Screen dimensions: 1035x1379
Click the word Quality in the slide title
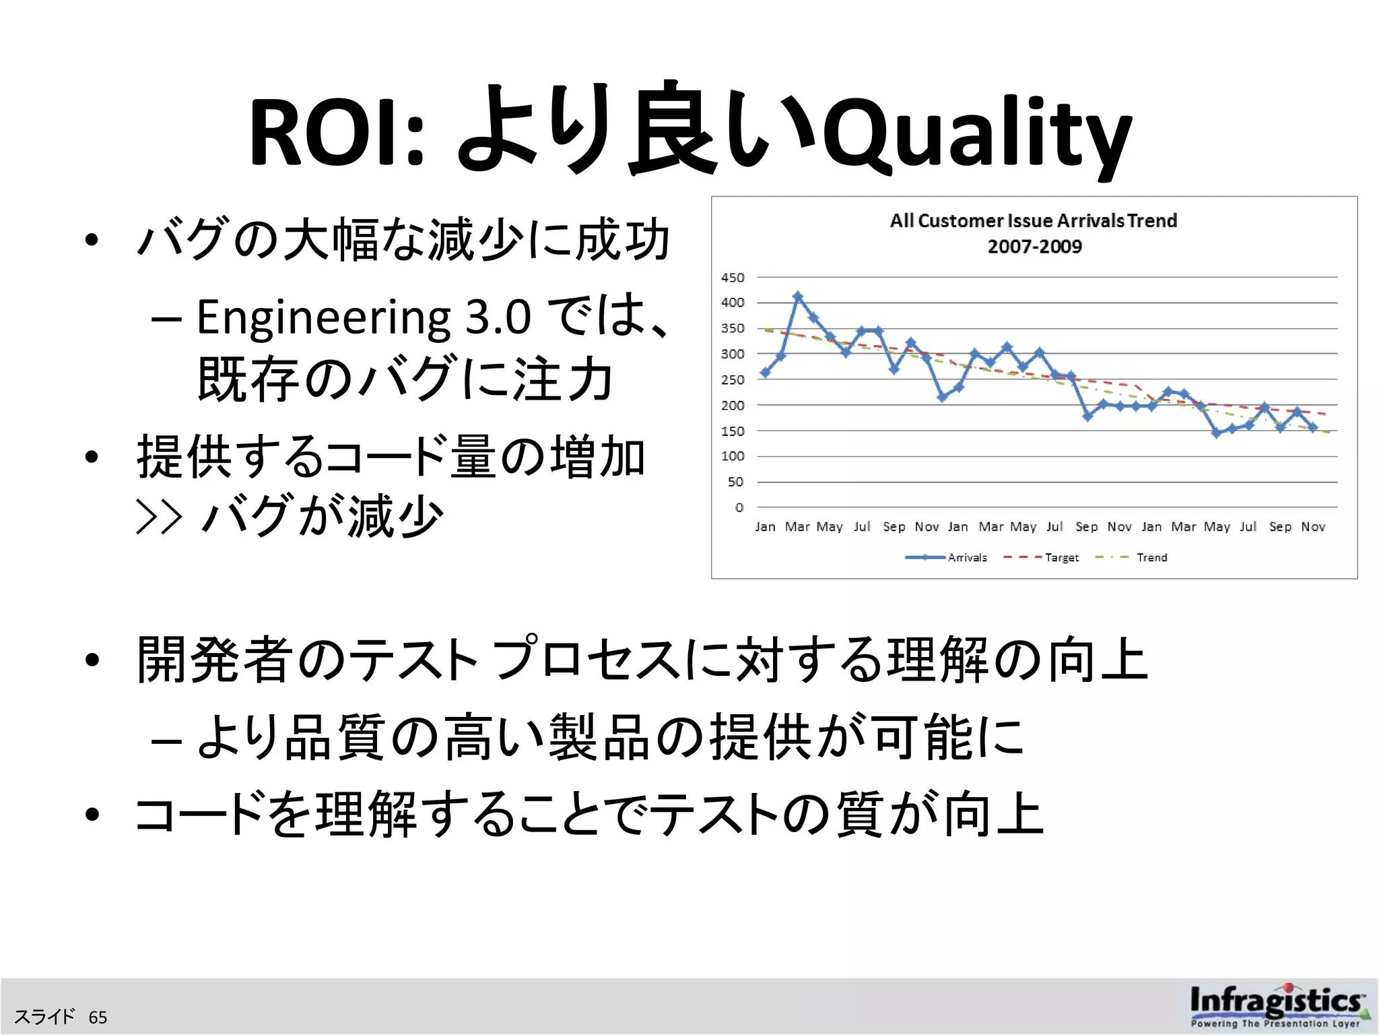pyautogui.click(x=976, y=135)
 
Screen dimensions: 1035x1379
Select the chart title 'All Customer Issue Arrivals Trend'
pyautogui.click(x=1034, y=221)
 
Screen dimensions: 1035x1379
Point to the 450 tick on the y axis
pyautogui.click(x=733, y=278)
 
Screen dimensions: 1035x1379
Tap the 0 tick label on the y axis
pyautogui.click(x=739, y=507)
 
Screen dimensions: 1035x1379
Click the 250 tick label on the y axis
pyautogui.click(x=733, y=379)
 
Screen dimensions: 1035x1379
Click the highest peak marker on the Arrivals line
pyautogui.click(x=798, y=296)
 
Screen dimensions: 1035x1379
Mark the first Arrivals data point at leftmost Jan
pyautogui.click(x=765, y=373)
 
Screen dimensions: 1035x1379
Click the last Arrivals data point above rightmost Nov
pyautogui.click(x=1313, y=427)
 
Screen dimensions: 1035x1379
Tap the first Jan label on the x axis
pyautogui.click(x=765, y=526)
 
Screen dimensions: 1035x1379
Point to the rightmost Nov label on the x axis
pyautogui.click(x=1313, y=526)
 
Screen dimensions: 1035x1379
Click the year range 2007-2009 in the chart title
pyautogui.click(x=1035, y=247)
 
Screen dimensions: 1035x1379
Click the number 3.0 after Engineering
pyautogui.click(x=498, y=317)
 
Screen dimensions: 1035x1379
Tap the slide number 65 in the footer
pyautogui.click(x=98, y=1017)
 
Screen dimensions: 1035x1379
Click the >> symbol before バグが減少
pyautogui.click(x=159, y=517)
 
